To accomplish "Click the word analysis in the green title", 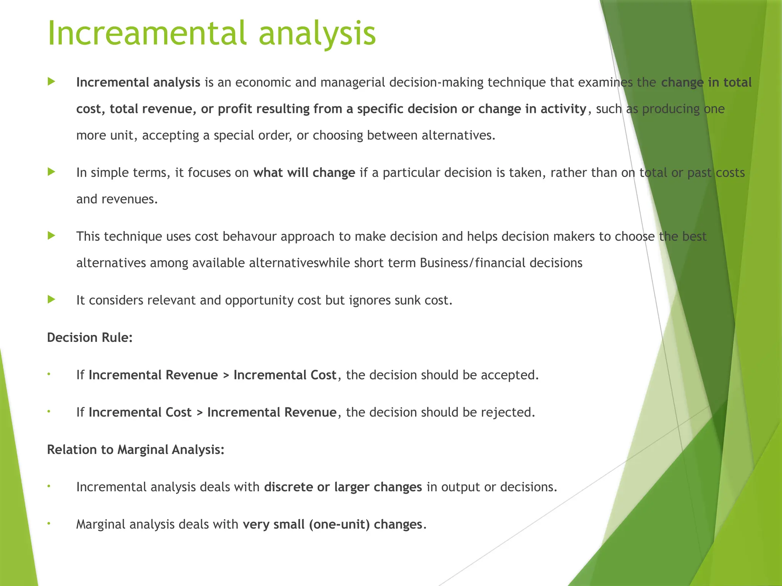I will pyautogui.click(x=317, y=34).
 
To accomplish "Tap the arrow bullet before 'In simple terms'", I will pyautogui.click(x=52, y=172).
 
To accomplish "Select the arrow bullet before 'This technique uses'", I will pyautogui.click(x=52, y=236).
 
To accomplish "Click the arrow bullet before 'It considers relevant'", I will pyautogui.click(x=52, y=299).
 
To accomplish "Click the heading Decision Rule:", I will pyautogui.click(x=90, y=338).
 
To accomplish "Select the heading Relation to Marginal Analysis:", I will pyautogui.click(x=136, y=450).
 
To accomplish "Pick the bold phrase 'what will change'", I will pyautogui.click(x=304, y=173).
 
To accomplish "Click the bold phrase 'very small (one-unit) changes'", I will pyautogui.click(x=332, y=525).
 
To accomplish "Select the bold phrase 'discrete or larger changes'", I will pyautogui.click(x=343, y=487).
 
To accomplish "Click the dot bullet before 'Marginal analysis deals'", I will pyautogui.click(x=49, y=523).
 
